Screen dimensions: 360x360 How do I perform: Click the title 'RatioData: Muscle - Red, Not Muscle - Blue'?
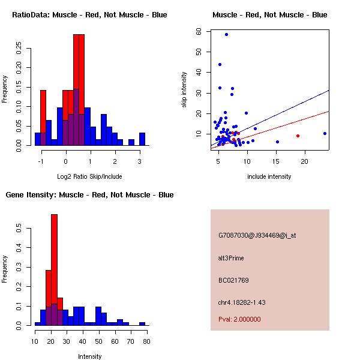pyautogui.click(x=89, y=15)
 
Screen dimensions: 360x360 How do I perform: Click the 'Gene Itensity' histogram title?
pyautogui.click(x=89, y=195)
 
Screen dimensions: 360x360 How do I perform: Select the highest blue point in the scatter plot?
pyautogui.click(x=226, y=34)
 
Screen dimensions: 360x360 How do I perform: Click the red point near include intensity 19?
pyautogui.click(x=298, y=136)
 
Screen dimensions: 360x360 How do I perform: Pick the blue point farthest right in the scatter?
pyautogui.click(x=325, y=133)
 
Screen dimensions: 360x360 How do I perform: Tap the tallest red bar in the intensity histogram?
pyautogui.click(x=54, y=270)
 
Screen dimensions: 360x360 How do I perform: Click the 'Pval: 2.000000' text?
pyautogui.click(x=239, y=319)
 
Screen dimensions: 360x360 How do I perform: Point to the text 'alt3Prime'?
pyautogui.click(x=231, y=258)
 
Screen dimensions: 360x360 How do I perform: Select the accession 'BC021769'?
pyautogui.click(x=233, y=280)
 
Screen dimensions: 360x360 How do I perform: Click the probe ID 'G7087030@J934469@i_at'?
pyautogui.click(x=257, y=235)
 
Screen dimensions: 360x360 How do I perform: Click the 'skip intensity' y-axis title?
pyautogui.click(x=184, y=90)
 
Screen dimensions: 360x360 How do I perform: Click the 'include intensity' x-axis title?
pyautogui.click(x=270, y=176)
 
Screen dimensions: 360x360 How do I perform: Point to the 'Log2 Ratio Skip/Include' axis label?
pyautogui.click(x=89, y=176)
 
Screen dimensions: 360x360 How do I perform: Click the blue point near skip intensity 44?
pyautogui.click(x=220, y=64)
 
